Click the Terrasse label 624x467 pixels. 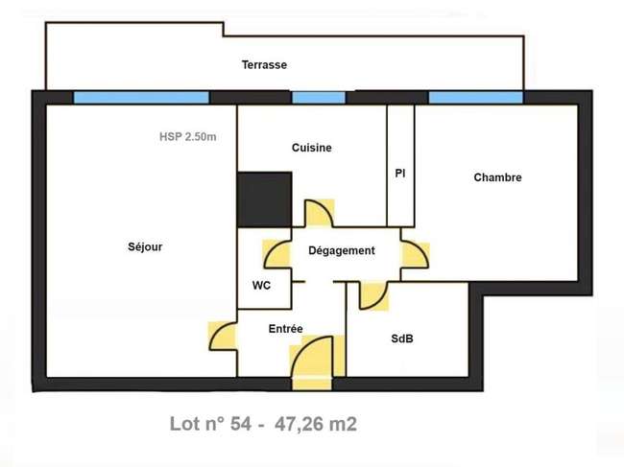click(x=264, y=65)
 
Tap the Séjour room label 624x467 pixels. click(x=145, y=246)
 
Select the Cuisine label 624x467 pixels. click(x=312, y=148)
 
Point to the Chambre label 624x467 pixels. click(x=497, y=177)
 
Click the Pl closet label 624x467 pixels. click(x=400, y=174)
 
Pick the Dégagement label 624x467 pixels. click(x=342, y=251)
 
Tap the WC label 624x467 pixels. click(x=261, y=286)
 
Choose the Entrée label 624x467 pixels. click(x=285, y=329)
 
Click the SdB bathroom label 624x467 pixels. click(x=402, y=339)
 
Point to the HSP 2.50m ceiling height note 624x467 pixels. click(x=188, y=137)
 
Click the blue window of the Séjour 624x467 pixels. click(x=141, y=98)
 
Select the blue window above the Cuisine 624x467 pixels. click(x=319, y=98)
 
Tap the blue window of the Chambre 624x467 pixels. click(x=475, y=98)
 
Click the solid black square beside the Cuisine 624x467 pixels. click(x=265, y=199)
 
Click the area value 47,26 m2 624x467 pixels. click(x=316, y=424)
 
